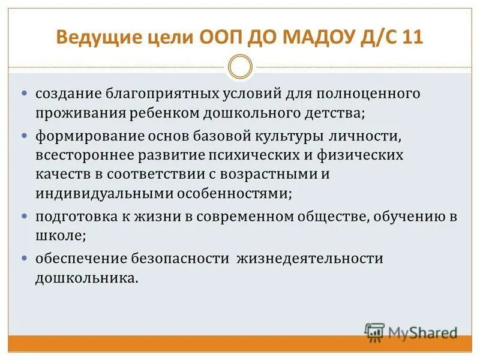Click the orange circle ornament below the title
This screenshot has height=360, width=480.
(x=240, y=67)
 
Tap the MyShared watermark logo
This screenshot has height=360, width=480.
(x=412, y=332)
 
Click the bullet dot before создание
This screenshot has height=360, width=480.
(x=25, y=94)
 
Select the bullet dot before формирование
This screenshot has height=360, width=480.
(x=25, y=136)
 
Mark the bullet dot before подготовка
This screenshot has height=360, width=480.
(x=25, y=216)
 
